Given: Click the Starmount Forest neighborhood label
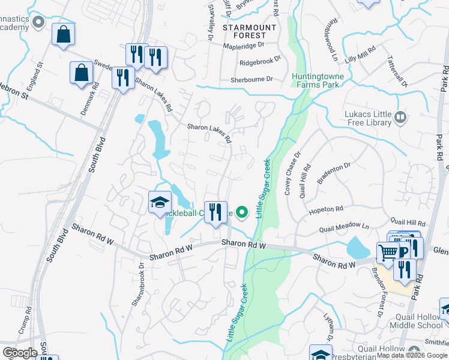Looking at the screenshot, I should click(249, 31).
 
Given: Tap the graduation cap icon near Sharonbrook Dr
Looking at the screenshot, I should click(160, 203).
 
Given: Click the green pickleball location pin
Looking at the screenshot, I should click(242, 212).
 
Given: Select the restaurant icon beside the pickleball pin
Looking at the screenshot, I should click(215, 212).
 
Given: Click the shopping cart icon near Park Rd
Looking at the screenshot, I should click(388, 253).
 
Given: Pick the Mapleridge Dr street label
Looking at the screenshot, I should click(244, 45).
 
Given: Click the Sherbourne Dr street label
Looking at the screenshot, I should click(252, 79).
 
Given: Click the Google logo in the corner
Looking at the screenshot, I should click(19, 352).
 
